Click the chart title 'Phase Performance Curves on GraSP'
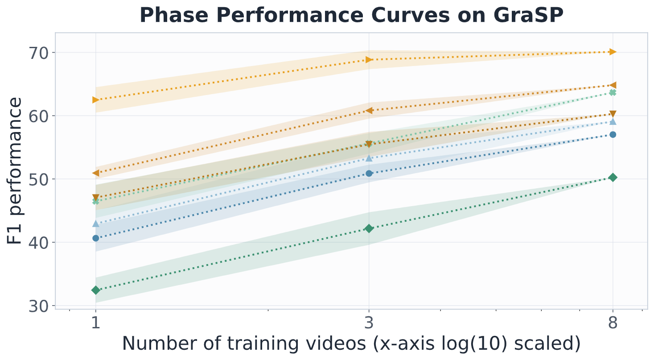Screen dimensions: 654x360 pos(352,15)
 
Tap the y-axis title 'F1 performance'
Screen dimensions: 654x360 pos(15,171)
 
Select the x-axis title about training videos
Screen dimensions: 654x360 pos(351,343)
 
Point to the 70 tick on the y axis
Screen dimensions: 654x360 pos(38,53)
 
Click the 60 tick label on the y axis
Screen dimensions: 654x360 pos(38,116)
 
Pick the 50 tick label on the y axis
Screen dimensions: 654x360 pos(38,179)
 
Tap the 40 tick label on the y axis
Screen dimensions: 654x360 pos(38,243)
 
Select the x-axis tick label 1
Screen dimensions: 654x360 pos(96,323)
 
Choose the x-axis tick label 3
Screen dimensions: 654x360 pos(369,323)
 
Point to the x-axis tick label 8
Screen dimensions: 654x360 pos(613,323)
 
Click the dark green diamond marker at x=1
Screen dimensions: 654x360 pos(96,290)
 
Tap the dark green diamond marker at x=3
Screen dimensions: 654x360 pos(369,228)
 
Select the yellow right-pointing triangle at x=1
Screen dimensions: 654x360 pos(96,100)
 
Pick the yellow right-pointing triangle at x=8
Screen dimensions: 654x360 pos(613,52)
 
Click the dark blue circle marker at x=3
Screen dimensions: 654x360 pos(369,174)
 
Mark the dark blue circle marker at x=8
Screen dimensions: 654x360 pos(613,135)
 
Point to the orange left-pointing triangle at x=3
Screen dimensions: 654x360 pos(369,111)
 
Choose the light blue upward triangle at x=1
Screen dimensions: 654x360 pos(96,223)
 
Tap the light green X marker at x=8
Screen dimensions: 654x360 pos(613,93)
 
